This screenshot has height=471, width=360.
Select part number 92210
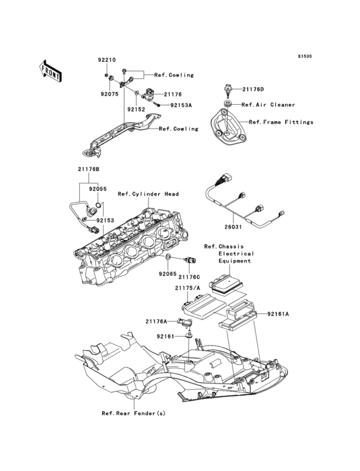(x=106, y=60)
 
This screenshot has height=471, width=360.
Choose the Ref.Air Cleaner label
(x=268, y=104)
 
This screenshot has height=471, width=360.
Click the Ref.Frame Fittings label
(x=280, y=122)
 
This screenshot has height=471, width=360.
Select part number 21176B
(x=89, y=169)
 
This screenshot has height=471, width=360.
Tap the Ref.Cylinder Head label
(x=148, y=194)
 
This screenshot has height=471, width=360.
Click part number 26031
(x=233, y=226)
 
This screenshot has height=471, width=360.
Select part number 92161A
(x=278, y=314)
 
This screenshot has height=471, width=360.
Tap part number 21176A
(x=156, y=321)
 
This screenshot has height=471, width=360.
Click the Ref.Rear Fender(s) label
(x=133, y=413)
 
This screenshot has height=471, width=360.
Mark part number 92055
(x=98, y=189)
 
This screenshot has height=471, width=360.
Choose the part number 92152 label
(x=136, y=109)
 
